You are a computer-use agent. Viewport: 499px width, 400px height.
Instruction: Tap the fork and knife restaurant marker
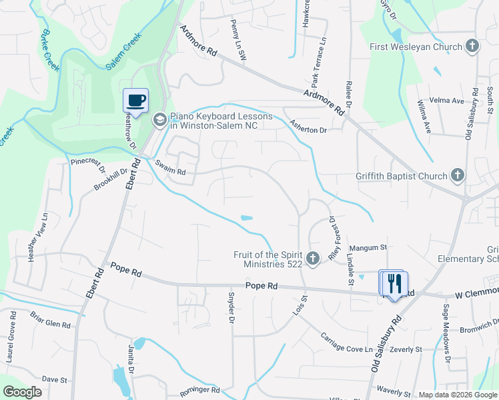[394, 283]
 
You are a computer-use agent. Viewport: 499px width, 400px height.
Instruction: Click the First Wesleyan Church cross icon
[472, 47]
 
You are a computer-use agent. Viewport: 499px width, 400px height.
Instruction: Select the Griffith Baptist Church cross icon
[457, 176]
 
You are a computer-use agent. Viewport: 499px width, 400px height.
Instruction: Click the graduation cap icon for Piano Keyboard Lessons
[159, 120]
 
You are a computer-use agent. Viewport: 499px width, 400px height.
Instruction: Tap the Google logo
[23, 392]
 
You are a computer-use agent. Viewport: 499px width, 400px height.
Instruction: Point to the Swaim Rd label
[171, 167]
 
